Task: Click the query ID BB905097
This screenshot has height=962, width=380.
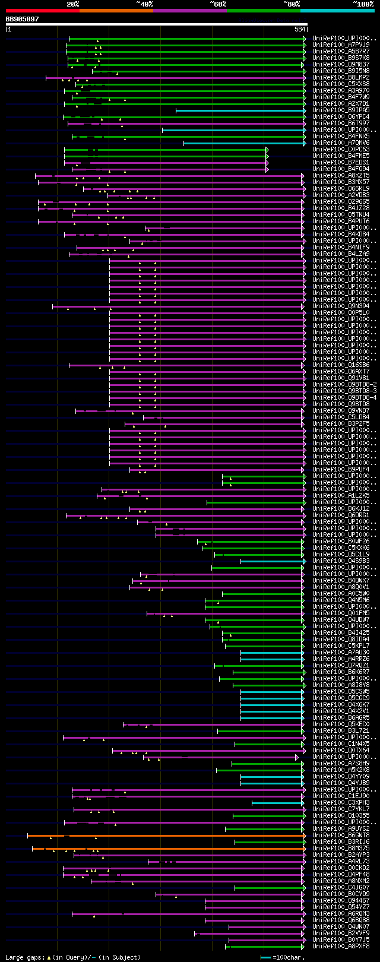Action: pyautogui.click(x=22, y=19)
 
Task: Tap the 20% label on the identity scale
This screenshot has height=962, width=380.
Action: pyautogui.click(x=72, y=4)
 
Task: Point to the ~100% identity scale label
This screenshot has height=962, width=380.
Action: pyautogui.click(x=363, y=4)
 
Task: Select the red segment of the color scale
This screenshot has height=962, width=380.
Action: pyautogui.click(x=42, y=10)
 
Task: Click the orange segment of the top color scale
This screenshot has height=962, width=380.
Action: pyautogui.click(x=116, y=10)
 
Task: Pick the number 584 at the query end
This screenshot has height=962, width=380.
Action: pyautogui.click(x=300, y=29)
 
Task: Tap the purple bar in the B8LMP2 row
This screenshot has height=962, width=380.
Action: pyautogui.click(x=178, y=78)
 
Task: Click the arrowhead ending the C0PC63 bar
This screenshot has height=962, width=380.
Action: pyautogui.click(x=267, y=150)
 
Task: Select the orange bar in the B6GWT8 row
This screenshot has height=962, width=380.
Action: pyautogui.click(x=166, y=836)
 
